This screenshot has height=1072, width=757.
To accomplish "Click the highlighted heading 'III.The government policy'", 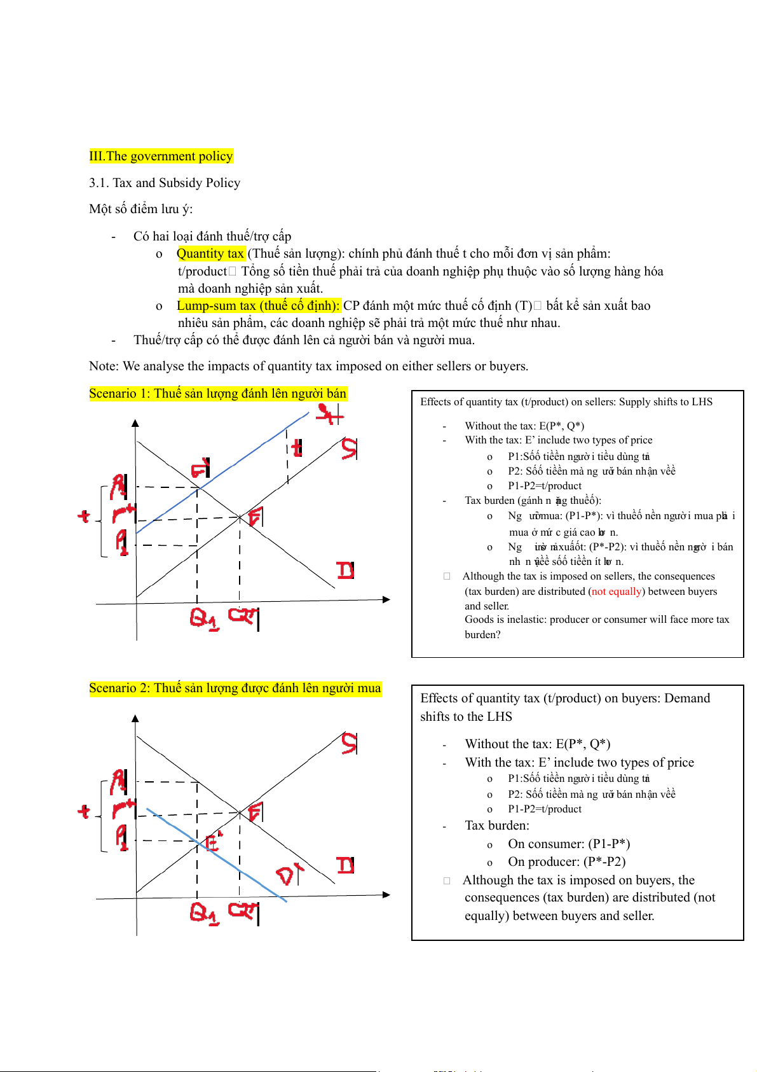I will (161, 157).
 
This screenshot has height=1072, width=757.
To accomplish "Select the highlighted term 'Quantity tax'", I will (210, 254).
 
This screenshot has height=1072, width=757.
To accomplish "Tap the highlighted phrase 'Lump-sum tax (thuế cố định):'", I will (258, 306).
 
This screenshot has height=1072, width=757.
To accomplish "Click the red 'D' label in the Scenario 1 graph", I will (345, 570).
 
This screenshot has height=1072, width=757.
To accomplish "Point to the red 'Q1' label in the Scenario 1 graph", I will (204, 618).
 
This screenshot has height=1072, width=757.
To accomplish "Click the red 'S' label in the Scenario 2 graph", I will (349, 742).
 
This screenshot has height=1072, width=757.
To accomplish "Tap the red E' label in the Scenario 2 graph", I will (214, 841).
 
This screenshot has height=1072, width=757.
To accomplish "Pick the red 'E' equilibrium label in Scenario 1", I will (256, 517).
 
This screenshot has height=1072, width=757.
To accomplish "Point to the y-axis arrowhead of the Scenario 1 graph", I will (135, 423).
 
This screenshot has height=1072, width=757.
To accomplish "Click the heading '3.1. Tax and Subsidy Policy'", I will (165, 183).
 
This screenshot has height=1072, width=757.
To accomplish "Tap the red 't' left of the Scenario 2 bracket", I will (84, 811).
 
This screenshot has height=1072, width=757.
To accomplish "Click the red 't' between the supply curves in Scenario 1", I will (296, 449).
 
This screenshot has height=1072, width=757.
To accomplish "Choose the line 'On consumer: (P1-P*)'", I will (568, 844).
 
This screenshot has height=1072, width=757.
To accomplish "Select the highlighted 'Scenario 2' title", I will (235, 688).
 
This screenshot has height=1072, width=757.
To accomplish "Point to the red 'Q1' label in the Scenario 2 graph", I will (204, 914).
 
